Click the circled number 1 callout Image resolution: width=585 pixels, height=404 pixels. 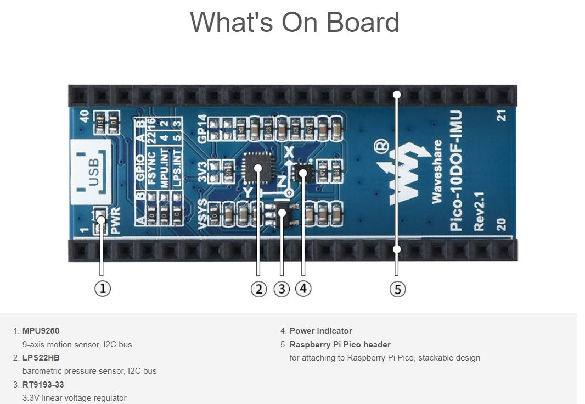(103, 288)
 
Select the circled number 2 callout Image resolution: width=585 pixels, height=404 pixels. (259, 289)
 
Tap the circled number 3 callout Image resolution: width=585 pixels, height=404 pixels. (282, 289)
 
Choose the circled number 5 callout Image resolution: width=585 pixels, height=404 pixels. (397, 289)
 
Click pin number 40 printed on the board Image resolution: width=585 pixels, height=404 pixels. (85, 117)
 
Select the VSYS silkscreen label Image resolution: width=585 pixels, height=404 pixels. (203, 215)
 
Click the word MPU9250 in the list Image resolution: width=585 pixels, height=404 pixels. (41, 331)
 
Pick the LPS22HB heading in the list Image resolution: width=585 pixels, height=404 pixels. (41, 358)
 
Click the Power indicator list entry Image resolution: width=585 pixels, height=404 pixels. (321, 331)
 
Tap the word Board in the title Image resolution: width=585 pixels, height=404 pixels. (362, 22)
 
